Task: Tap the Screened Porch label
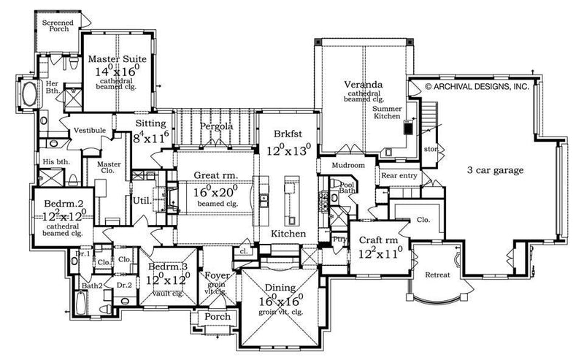57,27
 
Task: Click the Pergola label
218,126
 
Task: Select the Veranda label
362,85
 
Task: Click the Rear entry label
397,176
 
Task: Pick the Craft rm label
378,241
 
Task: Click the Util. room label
141,199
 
